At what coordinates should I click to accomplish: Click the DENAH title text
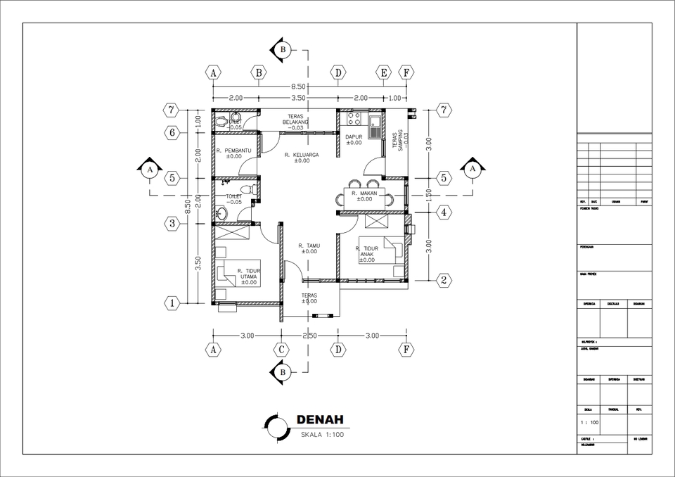click(x=319, y=420)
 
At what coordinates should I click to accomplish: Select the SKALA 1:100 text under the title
click(x=321, y=435)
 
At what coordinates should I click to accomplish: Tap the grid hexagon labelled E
click(x=383, y=72)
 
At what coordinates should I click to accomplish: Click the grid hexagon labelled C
click(x=281, y=349)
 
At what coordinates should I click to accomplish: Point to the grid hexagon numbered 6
click(x=171, y=132)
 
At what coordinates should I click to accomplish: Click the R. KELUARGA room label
click(x=302, y=157)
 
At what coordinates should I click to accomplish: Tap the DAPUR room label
click(x=354, y=139)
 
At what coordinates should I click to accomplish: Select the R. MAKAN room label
click(x=364, y=195)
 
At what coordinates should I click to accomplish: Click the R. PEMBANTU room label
click(x=233, y=153)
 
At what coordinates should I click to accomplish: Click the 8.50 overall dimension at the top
click(x=298, y=87)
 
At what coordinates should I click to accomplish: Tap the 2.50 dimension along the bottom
click(x=309, y=336)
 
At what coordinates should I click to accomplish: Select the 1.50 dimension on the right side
click(x=429, y=195)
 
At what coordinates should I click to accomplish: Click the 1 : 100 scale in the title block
click(x=589, y=423)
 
